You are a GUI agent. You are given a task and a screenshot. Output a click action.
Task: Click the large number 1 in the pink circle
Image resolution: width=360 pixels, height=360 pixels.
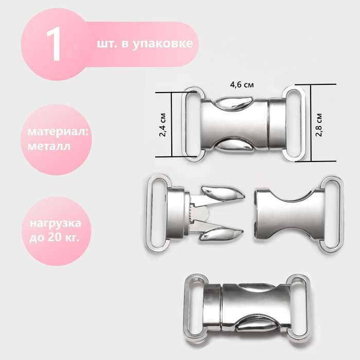pyautogui.click(x=55, y=44)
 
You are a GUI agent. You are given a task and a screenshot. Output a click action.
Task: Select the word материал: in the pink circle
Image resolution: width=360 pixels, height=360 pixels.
pyautogui.click(x=58, y=132)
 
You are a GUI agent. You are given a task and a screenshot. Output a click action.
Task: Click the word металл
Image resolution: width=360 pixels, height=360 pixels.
pyautogui.click(x=49, y=147)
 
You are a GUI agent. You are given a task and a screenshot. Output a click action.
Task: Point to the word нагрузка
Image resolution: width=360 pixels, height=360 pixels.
pyautogui.click(x=56, y=223)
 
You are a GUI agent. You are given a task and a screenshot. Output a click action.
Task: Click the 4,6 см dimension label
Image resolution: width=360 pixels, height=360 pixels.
pyautogui.click(x=242, y=85)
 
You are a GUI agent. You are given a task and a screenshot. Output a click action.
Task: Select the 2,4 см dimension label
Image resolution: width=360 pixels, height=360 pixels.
pyautogui.click(x=163, y=124)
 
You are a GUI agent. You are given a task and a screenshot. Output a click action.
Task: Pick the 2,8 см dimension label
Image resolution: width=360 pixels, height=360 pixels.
pyautogui.click(x=319, y=125)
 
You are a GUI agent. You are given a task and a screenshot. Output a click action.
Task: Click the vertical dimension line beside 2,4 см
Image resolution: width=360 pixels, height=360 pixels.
pyautogui.click(x=172, y=124)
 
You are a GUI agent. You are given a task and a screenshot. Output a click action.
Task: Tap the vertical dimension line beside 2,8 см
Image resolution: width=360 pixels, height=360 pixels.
pyautogui.click(x=311, y=123)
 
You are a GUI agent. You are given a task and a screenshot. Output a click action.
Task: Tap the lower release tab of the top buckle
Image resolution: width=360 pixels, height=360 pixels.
pyautogui.click(x=234, y=145)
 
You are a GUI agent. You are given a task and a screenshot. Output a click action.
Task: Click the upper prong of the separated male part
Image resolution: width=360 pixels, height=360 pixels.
pyautogui.click(x=221, y=194)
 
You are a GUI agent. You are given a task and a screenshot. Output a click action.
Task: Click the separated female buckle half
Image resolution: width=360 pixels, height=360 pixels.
pyautogui.click(x=298, y=215)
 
